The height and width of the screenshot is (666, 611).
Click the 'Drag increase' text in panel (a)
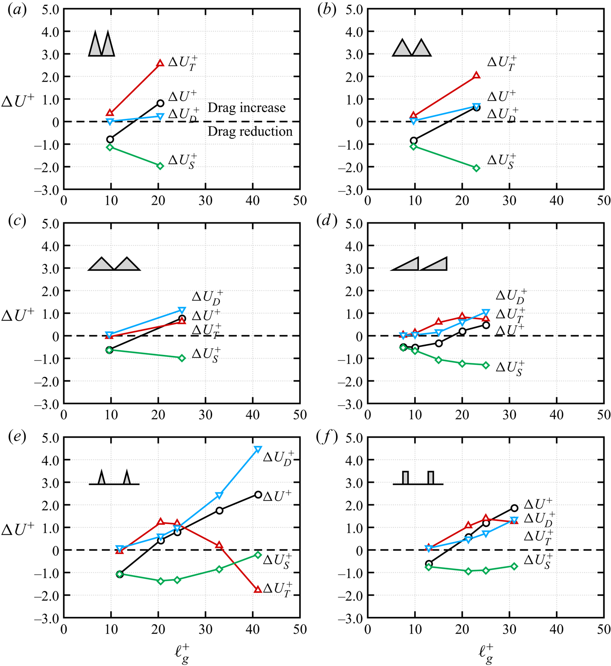(247, 108)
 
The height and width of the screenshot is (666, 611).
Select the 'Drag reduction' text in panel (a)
(250, 132)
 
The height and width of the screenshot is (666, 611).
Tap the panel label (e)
(17, 437)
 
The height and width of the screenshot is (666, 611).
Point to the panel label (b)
(327, 10)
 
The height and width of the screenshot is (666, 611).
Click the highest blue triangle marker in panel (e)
(258, 449)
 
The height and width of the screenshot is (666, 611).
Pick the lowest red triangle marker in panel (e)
(258, 589)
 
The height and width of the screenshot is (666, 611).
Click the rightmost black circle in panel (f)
(514, 508)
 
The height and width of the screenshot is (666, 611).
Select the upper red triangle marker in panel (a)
(160, 63)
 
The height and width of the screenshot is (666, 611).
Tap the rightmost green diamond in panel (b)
(476, 168)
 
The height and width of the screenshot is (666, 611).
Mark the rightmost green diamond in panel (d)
(486, 365)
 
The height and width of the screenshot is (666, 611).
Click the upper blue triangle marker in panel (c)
(182, 310)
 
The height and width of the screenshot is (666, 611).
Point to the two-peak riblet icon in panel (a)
(101, 43)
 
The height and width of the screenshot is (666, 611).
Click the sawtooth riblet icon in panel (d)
(419, 264)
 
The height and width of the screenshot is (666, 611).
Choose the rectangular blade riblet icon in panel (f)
(418, 478)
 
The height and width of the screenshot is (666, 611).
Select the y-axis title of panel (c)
(18, 315)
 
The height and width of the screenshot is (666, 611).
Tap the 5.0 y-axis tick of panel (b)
(353, 9)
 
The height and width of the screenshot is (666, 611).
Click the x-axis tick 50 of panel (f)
(603, 629)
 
